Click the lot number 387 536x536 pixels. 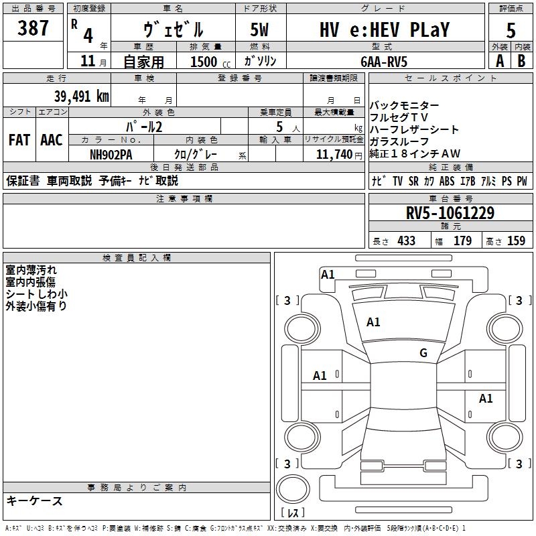tap(33, 28)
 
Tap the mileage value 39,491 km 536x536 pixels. tap(82, 96)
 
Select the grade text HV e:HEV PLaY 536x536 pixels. tap(385, 29)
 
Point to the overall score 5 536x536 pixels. tap(511, 30)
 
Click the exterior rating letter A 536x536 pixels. tap(500, 61)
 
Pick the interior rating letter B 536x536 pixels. tap(521, 61)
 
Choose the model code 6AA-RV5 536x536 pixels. tap(384, 62)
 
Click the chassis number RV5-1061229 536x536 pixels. tap(450, 213)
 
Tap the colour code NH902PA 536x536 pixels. tap(111, 155)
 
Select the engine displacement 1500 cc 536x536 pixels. tap(210, 62)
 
